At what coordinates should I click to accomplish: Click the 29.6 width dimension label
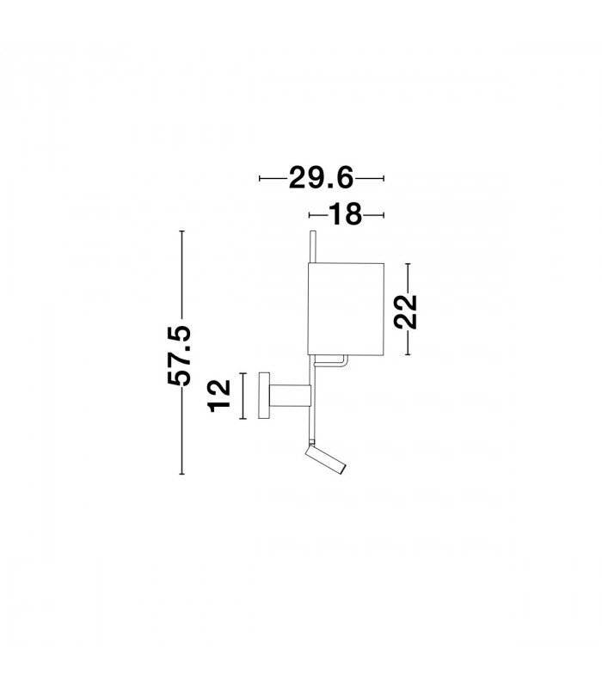pos(321,178)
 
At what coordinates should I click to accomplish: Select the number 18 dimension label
pos(346,214)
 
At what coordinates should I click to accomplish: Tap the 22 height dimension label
pos(405,311)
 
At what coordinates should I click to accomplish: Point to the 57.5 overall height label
pos(180,356)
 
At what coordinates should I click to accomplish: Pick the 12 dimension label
pos(220,396)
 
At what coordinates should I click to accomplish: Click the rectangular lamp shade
pos(347,309)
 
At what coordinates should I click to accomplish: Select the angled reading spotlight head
pos(326,459)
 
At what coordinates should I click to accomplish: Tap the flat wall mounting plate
pos(264,396)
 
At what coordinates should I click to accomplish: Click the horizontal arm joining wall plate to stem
pos(290,396)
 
